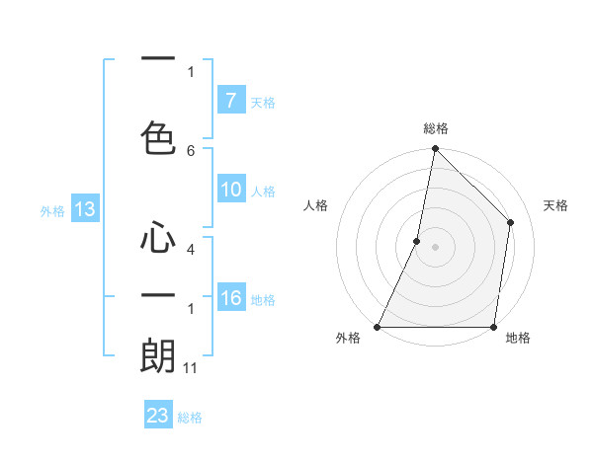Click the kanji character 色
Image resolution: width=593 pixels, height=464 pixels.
click(x=158, y=137)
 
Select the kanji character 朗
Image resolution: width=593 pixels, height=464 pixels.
click(x=158, y=356)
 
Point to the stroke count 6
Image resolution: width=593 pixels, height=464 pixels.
click(x=191, y=150)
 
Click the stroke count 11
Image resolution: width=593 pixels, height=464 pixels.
click(x=191, y=368)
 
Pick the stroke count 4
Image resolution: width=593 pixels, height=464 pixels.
click(x=191, y=250)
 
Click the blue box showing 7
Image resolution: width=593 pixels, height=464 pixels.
click(x=230, y=101)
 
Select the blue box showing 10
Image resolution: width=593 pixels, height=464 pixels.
click(x=230, y=191)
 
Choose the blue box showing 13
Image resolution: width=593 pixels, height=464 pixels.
click(x=84, y=209)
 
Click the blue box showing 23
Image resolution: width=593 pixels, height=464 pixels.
click(x=158, y=416)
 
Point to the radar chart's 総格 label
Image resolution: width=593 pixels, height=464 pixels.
click(x=435, y=128)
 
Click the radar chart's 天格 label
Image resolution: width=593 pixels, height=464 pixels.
click(x=556, y=205)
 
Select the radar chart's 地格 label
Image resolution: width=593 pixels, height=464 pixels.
click(x=518, y=338)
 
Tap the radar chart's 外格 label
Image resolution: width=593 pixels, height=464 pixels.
click(x=348, y=338)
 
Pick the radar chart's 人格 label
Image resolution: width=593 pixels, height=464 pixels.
click(x=315, y=205)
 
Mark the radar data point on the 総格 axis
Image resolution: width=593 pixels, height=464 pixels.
click(x=435, y=148)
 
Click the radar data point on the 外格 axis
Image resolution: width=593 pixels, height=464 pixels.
click(x=377, y=327)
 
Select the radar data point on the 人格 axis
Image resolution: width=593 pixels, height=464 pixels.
click(x=417, y=241)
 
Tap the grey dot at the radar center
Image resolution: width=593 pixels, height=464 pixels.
click(x=435, y=247)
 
